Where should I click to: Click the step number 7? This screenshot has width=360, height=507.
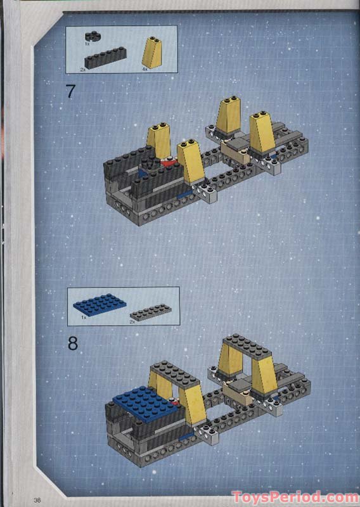pyautogui.click(x=70, y=91)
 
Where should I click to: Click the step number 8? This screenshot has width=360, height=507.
pyautogui.click(x=73, y=343)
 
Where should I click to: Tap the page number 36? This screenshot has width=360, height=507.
pyautogui.click(x=37, y=500)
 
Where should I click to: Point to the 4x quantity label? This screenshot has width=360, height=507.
pyautogui.click(x=145, y=68)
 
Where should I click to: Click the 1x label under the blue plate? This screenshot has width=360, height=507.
pyautogui.click(x=83, y=316)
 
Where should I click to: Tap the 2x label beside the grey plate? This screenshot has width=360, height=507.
pyautogui.click(x=132, y=321)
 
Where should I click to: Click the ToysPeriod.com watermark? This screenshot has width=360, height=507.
pyautogui.click(x=295, y=497)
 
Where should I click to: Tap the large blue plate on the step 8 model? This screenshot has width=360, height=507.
pyautogui.click(x=143, y=400)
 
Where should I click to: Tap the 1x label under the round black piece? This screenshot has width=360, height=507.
pyautogui.click(x=87, y=44)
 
